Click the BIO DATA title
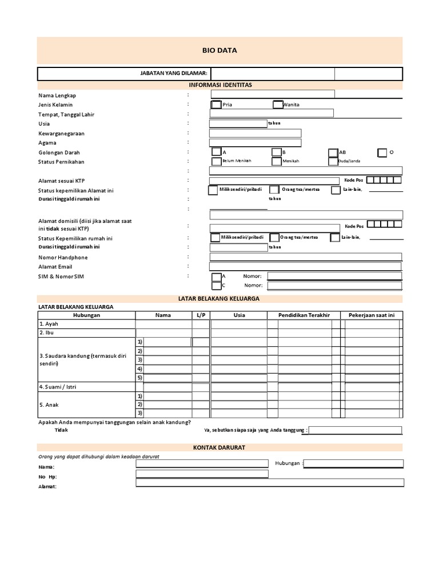pyautogui.click(x=219, y=50)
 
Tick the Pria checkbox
pyautogui.click(x=216, y=105)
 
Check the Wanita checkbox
pyautogui.click(x=278, y=105)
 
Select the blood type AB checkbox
pyautogui.click(x=333, y=153)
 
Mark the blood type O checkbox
pyautogui.click(x=382, y=153)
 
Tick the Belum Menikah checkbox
pyautogui.click(x=216, y=161)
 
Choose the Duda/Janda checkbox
pyautogui.click(x=333, y=161)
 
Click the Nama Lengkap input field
pyautogui.click(x=272, y=94)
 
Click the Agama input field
pyautogui.click(x=255, y=143)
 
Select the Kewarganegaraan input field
pyautogui.click(x=255, y=133)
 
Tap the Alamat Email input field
pyautogui.click(x=306, y=266)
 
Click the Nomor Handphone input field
pyautogui.click(x=306, y=257)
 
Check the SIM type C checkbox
pyautogui.click(x=216, y=285)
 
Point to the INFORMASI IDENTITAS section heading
pyautogui.click(x=220, y=85)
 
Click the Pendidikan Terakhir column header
pyautogui.click(x=304, y=315)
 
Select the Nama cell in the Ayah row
pyautogui.click(x=163, y=324)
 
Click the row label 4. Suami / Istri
pyautogui.click(x=57, y=387)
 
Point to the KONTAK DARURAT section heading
pyautogui.click(x=220, y=447)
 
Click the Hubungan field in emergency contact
pyautogui.click(x=353, y=463)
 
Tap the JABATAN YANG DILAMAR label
pyautogui.click(x=174, y=74)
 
